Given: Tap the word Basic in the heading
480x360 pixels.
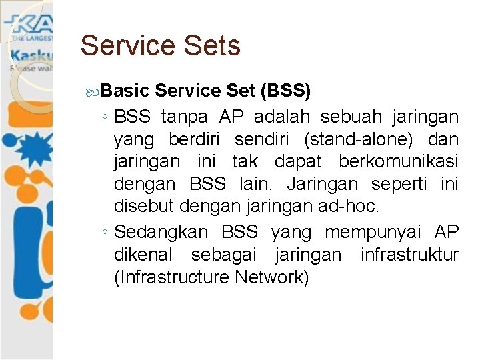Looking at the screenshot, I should (x=129, y=90).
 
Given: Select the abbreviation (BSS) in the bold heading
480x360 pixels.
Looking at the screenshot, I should (x=285, y=90).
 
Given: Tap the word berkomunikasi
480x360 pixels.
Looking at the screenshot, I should (x=399, y=163).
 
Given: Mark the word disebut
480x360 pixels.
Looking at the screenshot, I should (x=141, y=207).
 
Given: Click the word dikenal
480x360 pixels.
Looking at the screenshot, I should (x=143, y=255).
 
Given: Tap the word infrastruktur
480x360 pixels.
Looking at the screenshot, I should (x=409, y=255).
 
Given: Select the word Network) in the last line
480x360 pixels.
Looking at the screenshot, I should (x=272, y=277).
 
